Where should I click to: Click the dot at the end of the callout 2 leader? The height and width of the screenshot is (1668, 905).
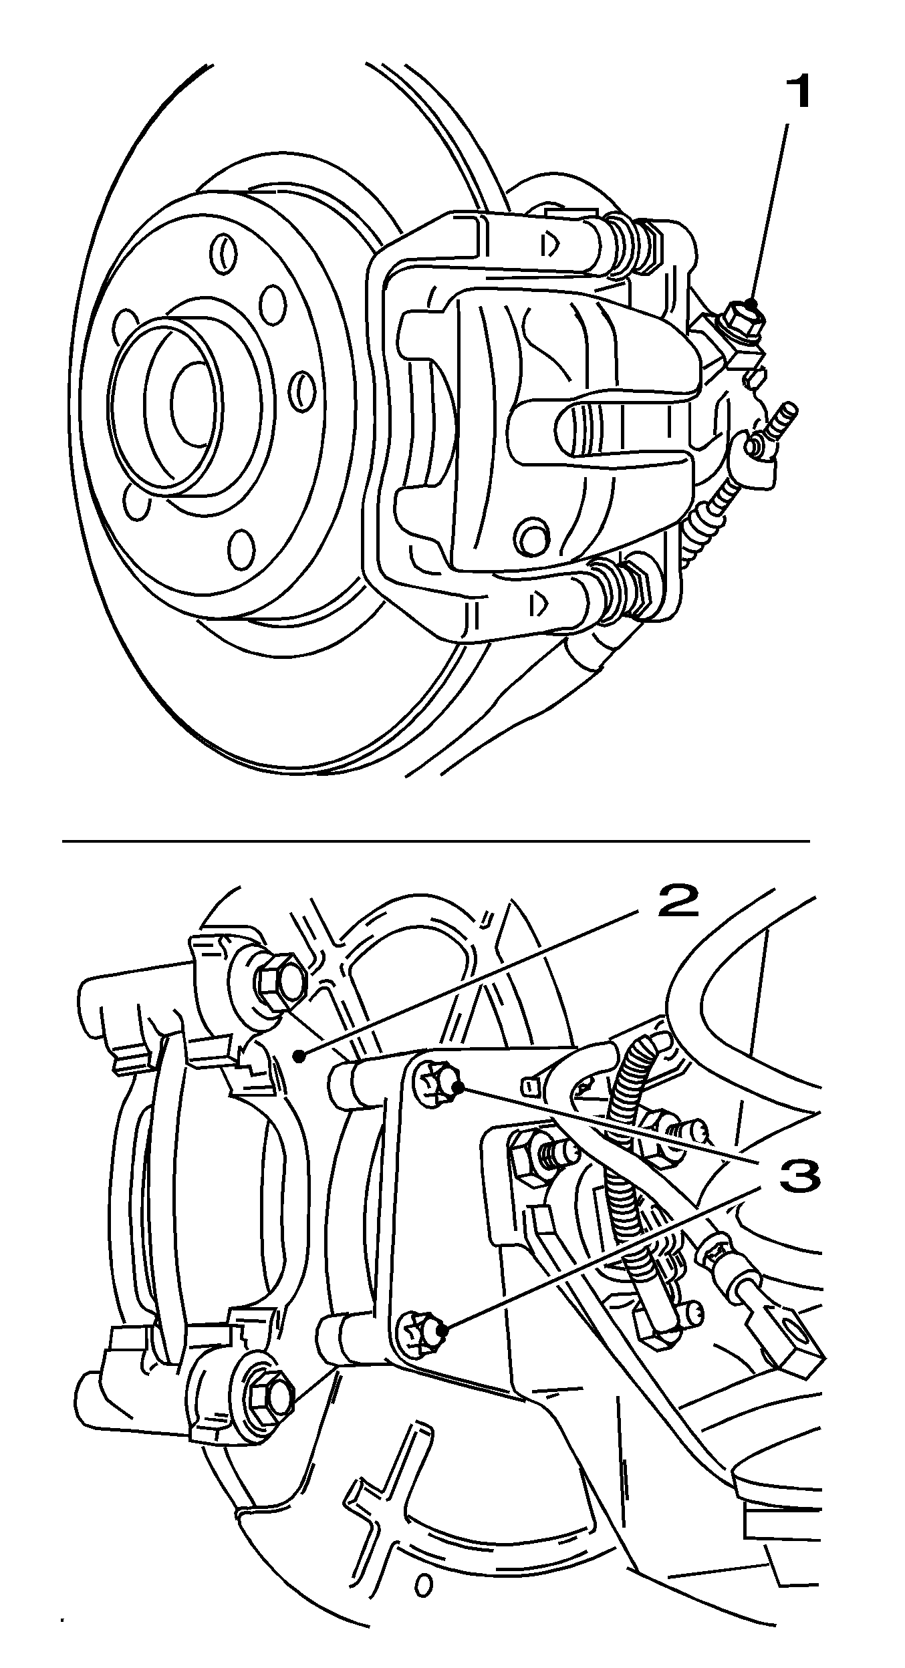(302, 1057)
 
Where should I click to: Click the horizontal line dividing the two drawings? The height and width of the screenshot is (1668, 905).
(435, 841)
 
